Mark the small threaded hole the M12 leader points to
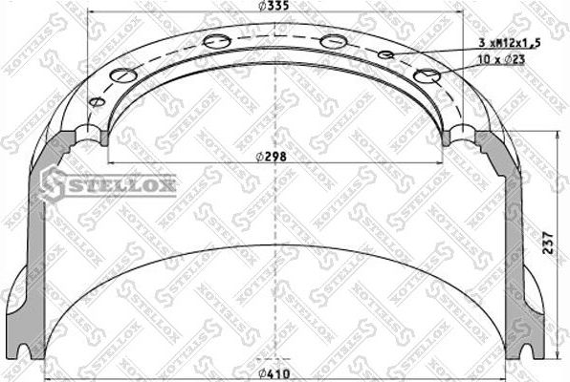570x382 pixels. [386, 55]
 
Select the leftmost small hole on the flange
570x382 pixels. [96, 102]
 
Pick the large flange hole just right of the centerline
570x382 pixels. [333, 41]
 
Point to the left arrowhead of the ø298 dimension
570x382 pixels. [115, 157]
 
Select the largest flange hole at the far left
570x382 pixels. [122, 75]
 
